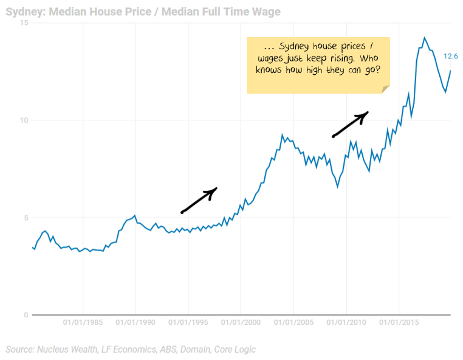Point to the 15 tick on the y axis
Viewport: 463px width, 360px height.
[x=24, y=23]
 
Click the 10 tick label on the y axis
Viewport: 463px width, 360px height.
[x=24, y=120]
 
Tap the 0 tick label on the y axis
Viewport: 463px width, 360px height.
[x=26, y=315]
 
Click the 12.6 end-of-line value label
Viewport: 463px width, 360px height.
[x=451, y=56]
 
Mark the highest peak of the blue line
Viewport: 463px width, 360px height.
[x=425, y=38]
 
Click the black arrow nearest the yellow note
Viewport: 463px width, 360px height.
[x=351, y=123]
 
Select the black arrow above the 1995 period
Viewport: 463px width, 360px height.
[x=199, y=200]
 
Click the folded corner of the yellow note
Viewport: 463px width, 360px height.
[x=385, y=89]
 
